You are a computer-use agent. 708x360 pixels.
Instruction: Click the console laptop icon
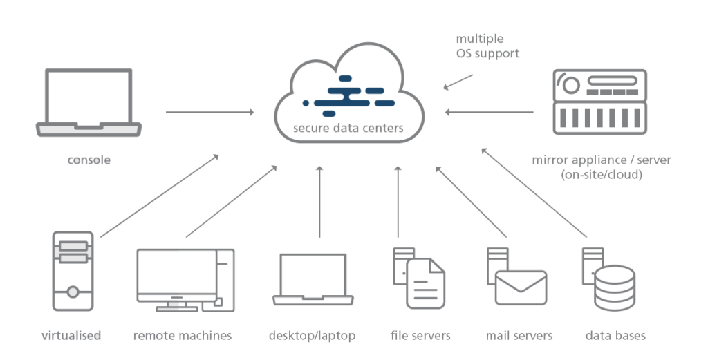tap(88, 104)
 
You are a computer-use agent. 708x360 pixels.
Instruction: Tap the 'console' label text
tap(88, 160)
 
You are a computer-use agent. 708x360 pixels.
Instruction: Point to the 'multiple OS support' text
tap(487, 46)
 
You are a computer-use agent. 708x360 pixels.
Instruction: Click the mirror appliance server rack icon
tap(599, 102)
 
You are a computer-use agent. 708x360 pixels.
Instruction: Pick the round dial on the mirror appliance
tap(571, 85)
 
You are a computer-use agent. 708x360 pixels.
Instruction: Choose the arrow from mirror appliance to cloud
tap(490, 111)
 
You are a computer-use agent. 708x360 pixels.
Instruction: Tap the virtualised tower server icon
tap(73, 271)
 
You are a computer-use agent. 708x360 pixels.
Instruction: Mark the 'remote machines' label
tap(183, 336)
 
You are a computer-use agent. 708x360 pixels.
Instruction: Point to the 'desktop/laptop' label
tap(312, 336)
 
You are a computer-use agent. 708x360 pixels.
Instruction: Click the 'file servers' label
tap(420, 336)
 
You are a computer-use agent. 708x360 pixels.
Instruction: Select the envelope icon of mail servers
tap(521, 287)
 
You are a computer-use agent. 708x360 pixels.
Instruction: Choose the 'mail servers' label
tap(519, 336)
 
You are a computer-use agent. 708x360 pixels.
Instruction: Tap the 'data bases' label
tap(615, 336)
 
